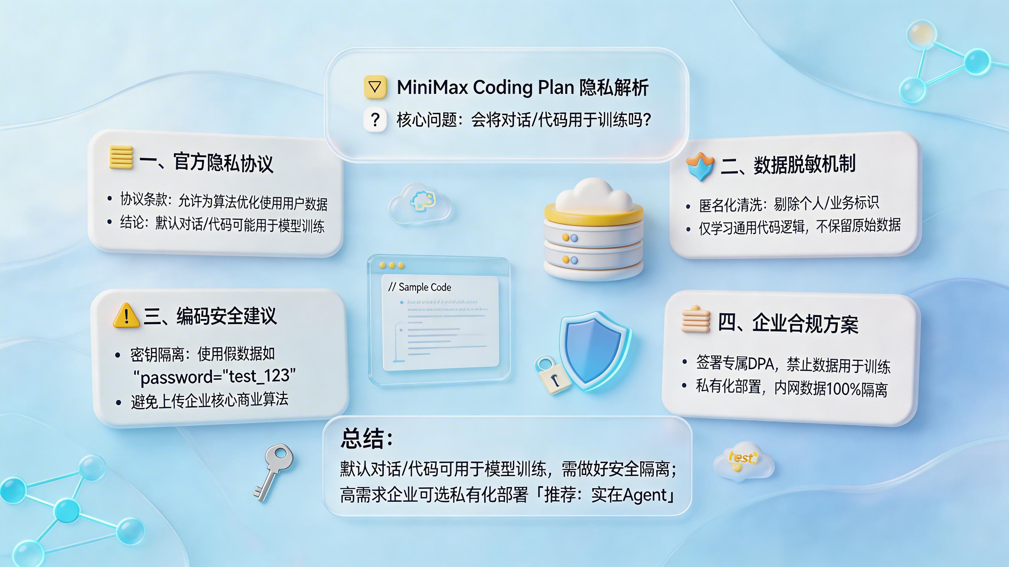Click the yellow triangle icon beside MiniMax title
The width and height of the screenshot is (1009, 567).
(375, 86)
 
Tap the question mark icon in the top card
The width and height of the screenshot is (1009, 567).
(375, 119)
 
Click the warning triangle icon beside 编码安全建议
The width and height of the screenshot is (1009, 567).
(126, 316)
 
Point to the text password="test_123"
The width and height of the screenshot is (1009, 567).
(215, 376)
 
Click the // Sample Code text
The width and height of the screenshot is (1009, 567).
(419, 287)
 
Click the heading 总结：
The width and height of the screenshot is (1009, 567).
(367, 438)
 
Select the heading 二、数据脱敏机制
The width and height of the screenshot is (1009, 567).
(788, 164)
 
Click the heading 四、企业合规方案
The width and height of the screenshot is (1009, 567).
(788, 323)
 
